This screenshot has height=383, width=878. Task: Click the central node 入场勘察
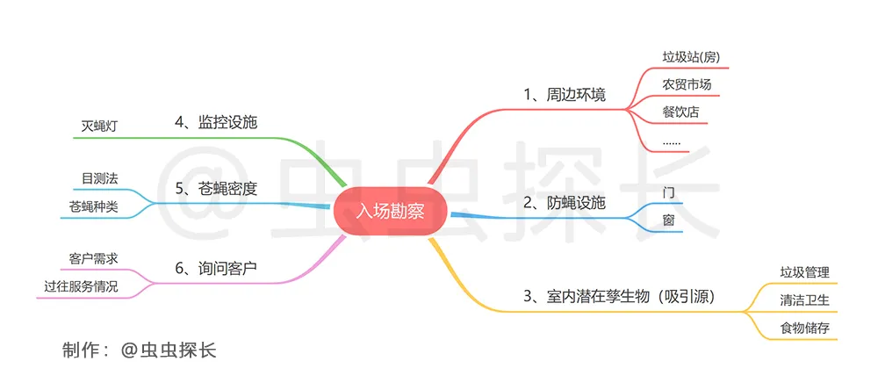[x=391, y=213]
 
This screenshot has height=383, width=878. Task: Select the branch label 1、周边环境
[x=565, y=95]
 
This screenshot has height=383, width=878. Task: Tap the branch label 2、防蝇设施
[x=565, y=203]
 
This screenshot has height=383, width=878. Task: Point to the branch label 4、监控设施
[x=216, y=122]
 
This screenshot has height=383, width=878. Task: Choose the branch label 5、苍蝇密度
[x=216, y=189]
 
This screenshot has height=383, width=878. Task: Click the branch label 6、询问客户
[x=216, y=268]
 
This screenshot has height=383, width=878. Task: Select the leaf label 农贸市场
[x=687, y=84]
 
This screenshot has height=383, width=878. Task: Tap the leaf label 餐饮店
[x=680, y=112]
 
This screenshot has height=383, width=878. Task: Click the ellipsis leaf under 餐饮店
[x=672, y=142]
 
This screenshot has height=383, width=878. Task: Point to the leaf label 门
[x=668, y=193]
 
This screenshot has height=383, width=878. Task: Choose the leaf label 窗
[x=668, y=220]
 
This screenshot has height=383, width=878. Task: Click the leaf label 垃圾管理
[x=804, y=272]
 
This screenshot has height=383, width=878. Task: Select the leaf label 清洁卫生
[x=804, y=300]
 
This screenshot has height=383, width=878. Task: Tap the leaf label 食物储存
[x=804, y=329]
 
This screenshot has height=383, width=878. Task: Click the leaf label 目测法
[x=99, y=178]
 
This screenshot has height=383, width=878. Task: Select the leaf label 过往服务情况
[x=81, y=287]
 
